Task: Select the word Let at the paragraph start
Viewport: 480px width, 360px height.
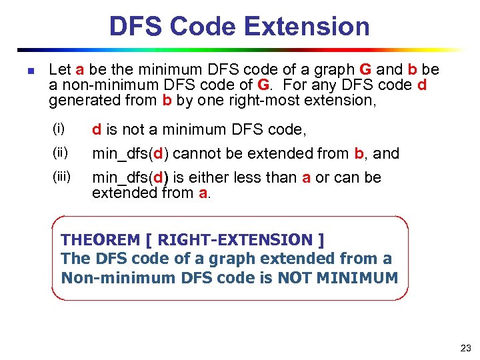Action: point(61,69)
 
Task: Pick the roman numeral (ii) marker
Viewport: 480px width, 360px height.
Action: point(61,153)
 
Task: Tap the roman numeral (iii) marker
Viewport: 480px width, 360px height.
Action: point(62,177)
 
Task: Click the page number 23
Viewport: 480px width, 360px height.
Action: point(465,347)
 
